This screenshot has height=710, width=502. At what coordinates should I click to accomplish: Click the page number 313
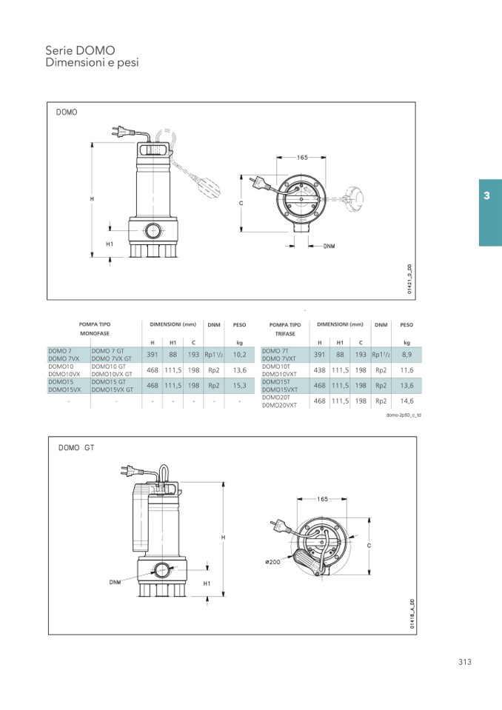click(465, 662)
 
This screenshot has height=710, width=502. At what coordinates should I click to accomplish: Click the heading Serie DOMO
click(80, 50)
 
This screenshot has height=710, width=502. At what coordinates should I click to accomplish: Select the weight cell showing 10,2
click(239, 355)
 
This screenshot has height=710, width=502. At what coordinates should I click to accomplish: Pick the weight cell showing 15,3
click(239, 385)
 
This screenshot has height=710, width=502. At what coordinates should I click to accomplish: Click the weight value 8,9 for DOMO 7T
click(406, 355)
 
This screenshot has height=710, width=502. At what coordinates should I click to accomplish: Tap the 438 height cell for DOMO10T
click(320, 370)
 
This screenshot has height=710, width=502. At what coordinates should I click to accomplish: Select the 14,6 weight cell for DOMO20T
click(406, 401)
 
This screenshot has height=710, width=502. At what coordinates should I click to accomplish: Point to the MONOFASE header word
click(95, 333)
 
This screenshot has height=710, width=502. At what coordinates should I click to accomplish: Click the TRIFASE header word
click(285, 334)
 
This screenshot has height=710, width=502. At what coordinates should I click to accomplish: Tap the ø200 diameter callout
click(272, 561)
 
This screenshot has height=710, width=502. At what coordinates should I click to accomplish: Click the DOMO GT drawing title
click(76, 447)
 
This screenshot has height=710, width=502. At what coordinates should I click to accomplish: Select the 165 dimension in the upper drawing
click(302, 158)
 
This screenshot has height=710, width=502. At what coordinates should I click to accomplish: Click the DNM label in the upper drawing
click(329, 246)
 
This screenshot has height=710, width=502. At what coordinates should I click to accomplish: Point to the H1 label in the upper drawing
click(110, 244)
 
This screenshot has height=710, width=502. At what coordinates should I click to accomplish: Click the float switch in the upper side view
click(210, 186)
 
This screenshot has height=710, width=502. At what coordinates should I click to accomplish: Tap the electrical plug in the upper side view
click(122, 132)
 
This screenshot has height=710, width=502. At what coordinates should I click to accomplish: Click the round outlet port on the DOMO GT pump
click(161, 570)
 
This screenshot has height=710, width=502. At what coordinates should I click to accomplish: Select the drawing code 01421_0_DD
click(409, 280)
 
